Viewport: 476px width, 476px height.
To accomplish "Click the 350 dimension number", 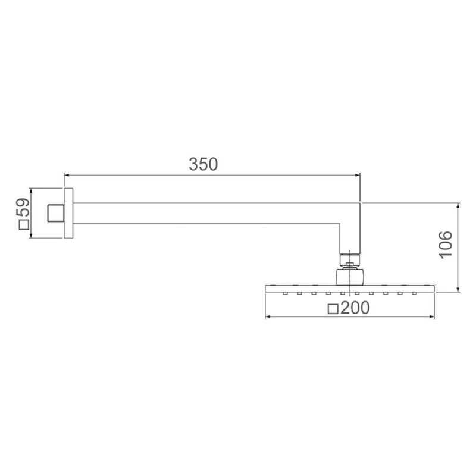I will coord(203,164).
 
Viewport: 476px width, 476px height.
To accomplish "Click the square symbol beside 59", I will coord(24,225).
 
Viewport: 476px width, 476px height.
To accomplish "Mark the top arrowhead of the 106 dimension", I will coord(458,206).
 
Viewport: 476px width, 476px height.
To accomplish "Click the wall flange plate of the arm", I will coord(68,214).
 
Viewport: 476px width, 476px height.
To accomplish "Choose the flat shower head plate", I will coord(349,289).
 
